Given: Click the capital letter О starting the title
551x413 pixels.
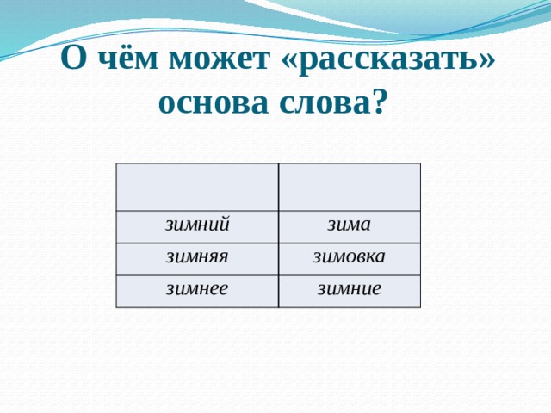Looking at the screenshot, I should [76, 61].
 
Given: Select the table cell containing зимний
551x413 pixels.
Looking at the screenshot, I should [197, 227].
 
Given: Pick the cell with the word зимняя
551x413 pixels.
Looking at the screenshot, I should [197, 258].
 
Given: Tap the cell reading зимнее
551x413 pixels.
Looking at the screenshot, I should [197, 290].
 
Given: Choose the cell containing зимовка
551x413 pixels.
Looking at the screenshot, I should [349, 258].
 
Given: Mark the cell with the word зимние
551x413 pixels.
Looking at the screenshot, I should [349, 291].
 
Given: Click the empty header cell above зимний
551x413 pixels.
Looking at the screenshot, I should [197, 187].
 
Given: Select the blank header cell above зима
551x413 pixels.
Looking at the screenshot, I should [349, 187].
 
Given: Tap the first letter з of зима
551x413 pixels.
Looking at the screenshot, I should [331, 225].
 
